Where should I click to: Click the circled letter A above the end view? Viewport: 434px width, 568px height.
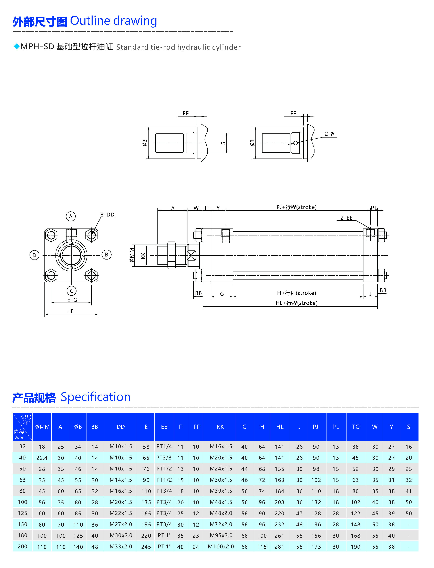pos(71,216)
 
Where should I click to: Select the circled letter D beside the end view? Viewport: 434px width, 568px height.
pos(34,255)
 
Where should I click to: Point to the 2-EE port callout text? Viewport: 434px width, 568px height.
pos(346,218)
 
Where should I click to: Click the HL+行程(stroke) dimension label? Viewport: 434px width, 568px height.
pos(296,303)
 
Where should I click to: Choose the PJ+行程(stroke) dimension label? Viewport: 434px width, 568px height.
pos(296,207)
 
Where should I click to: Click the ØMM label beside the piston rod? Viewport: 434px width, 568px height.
pos(132,255)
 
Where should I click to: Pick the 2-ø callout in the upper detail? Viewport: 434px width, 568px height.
pos(329,134)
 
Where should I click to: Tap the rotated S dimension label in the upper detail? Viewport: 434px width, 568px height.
pos(224,143)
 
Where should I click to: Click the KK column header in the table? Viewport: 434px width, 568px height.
pos(220,427)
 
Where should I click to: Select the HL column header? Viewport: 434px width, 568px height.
pos(280,427)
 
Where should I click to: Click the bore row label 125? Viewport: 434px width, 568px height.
pos(22,513)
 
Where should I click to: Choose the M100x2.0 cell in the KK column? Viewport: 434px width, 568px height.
pos(221,547)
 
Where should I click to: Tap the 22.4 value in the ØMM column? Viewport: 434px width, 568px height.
pos(42,458)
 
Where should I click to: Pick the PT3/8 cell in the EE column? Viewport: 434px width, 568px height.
pos(164,458)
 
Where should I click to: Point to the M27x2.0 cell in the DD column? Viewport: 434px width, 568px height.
pos(121,524)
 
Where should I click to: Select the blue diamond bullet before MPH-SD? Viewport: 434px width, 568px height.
pos(17,47)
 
